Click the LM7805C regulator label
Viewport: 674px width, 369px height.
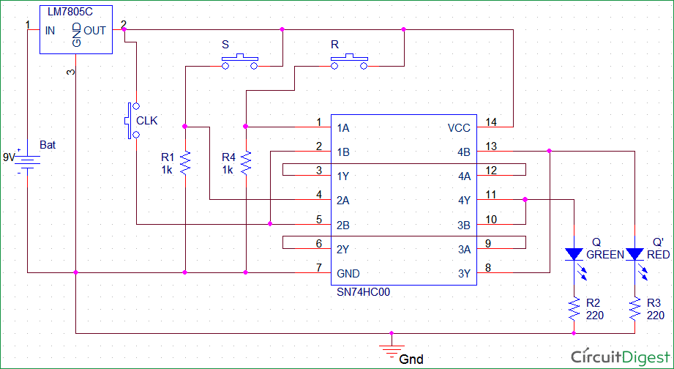pyautogui.click(x=70, y=12)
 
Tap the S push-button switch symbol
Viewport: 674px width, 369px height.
pyautogui.click(x=239, y=61)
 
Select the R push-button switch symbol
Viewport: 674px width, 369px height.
pyautogui.click(x=349, y=61)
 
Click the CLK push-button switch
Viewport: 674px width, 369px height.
pyautogui.click(x=132, y=120)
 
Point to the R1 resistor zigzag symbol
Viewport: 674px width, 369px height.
pyautogui.click(x=185, y=163)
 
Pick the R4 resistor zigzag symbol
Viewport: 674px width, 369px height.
pyautogui.click(x=246, y=163)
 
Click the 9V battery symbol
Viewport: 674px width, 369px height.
pyautogui.click(x=28, y=163)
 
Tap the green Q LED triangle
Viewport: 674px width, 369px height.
pyautogui.click(x=574, y=254)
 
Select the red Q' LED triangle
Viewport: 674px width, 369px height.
pyautogui.click(x=634, y=254)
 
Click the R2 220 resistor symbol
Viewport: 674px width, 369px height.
pyautogui.click(x=574, y=308)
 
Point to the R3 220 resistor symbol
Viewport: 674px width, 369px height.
pyautogui.click(x=634, y=308)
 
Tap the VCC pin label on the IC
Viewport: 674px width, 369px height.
pyautogui.click(x=459, y=128)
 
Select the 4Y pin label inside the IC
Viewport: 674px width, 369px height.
pyautogui.click(x=464, y=201)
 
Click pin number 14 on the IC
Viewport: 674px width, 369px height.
pyautogui.click(x=491, y=122)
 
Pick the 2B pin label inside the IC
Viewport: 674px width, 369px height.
pyautogui.click(x=343, y=225)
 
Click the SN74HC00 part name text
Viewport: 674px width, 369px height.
pyautogui.click(x=364, y=292)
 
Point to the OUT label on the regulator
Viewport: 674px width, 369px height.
pyautogui.click(x=94, y=31)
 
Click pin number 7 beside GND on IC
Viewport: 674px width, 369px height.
pyautogui.click(x=318, y=267)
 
